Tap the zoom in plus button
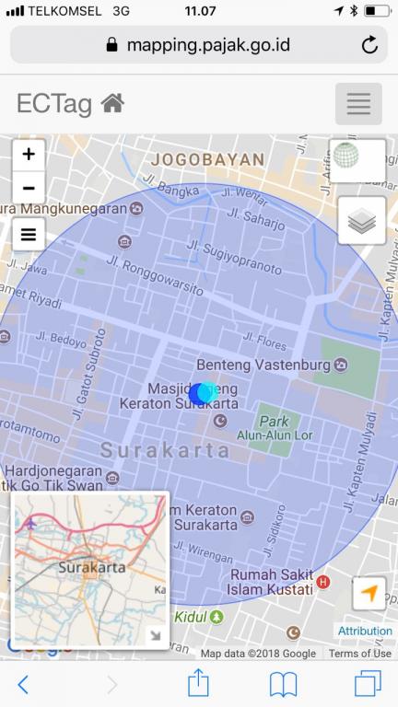[29, 155]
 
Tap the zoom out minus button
[29, 188]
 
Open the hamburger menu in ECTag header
[358, 104]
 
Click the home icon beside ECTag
[112, 104]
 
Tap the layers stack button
[361, 221]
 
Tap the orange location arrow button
[369, 594]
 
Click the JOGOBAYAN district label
[207, 159]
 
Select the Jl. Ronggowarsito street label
[155, 276]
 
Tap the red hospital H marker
[322, 582]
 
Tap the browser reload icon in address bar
[369, 44]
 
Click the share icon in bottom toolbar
[199, 682]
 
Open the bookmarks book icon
[283, 683]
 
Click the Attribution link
[365, 631]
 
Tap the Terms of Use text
[359, 654]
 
